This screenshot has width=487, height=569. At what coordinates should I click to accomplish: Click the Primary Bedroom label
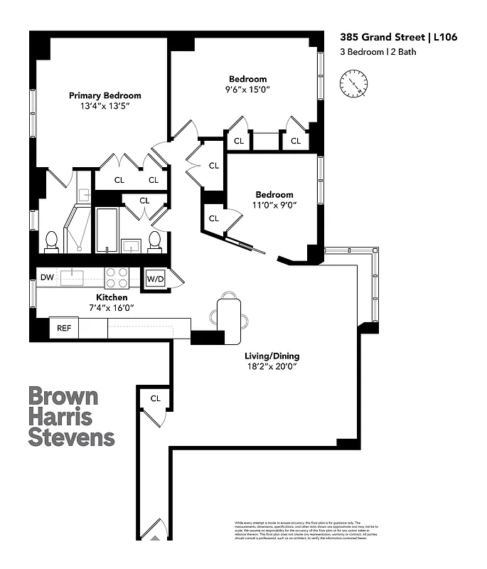pyautogui.click(x=105, y=95)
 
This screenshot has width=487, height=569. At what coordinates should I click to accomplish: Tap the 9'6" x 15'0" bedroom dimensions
pyautogui.click(x=248, y=90)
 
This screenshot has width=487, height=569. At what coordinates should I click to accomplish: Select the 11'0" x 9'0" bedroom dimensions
pyautogui.click(x=274, y=205)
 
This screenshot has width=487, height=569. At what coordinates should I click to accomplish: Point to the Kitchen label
pyautogui.click(x=112, y=297)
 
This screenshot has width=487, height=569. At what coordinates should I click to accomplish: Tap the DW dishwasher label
pyautogui.click(x=47, y=277)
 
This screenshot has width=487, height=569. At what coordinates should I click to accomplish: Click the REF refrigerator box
pyautogui.click(x=63, y=329)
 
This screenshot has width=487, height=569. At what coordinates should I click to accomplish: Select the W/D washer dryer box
pyautogui.click(x=155, y=278)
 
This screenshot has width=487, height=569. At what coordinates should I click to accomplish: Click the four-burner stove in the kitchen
pyautogui.click(x=117, y=277)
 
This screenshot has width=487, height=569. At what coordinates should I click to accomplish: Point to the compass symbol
pyautogui.click(x=353, y=83)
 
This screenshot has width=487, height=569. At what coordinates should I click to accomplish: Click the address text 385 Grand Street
pyautogui.click(x=370, y=38)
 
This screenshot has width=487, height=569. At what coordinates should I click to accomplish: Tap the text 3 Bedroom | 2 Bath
pyautogui.click(x=376, y=51)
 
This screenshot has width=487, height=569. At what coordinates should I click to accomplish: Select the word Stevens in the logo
pyautogui.click(x=71, y=436)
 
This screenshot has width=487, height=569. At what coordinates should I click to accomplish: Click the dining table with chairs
pyautogui.click(x=228, y=314)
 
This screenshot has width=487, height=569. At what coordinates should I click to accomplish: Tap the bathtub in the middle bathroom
pyautogui.click(x=106, y=230)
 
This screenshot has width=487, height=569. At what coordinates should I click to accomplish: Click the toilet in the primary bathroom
pyautogui.click(x=52, y=241)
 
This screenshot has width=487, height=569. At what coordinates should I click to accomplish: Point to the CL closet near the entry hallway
pyautogui.click(x=155, y=399)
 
